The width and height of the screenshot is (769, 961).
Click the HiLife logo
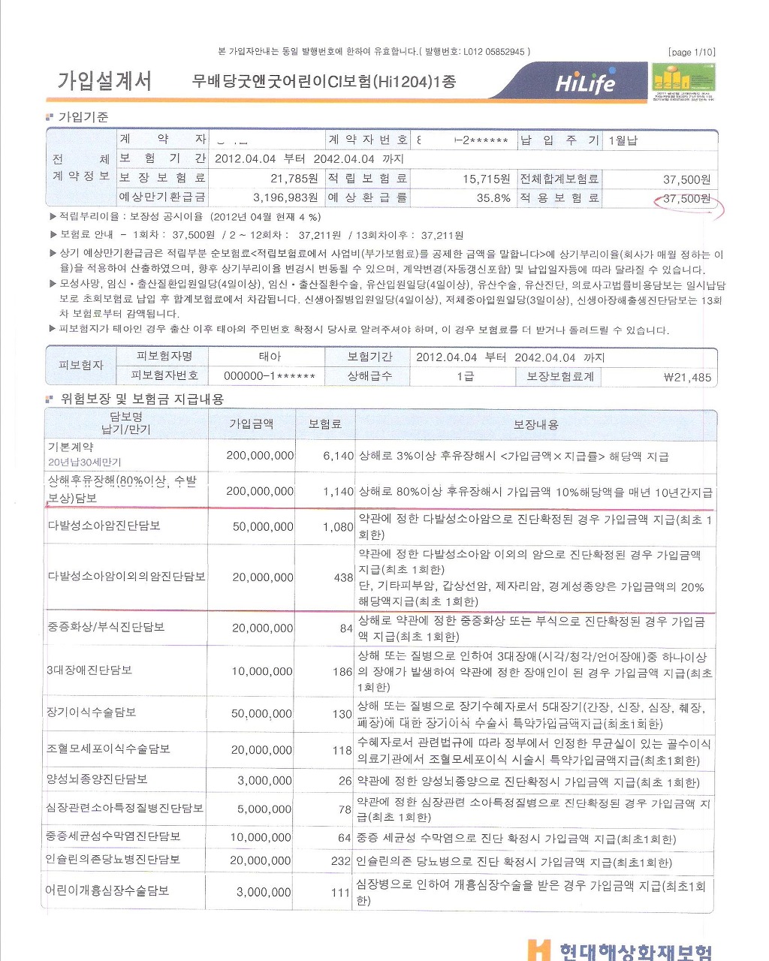click(x=585, y=83)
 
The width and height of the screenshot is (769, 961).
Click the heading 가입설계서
click(x=104, y=81)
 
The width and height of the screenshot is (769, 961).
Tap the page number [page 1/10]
click(x=691, y=52)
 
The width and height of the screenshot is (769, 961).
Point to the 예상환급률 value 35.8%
click(x=493, y=198)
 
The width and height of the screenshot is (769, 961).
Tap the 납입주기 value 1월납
click(x=623, y=140)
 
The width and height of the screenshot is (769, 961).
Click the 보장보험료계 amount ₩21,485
click(x=687, y=377)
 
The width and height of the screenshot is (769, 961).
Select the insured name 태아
click(x=270, y=357)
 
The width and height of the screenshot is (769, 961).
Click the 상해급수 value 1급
click(x=465, y=376)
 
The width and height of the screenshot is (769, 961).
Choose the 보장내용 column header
click(x=535, y=424)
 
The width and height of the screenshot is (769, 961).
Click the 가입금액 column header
click(x=251, y=424)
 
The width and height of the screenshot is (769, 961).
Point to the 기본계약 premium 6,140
click(x=338, y=456)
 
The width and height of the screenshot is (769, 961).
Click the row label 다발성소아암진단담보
click(x=104, y=526)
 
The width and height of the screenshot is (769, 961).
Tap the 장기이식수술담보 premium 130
click(x=342, y=713)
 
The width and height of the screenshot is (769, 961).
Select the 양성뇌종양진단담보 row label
click(x=97, y=779)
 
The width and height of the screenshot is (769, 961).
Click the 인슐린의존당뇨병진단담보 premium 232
click(x=341, y=861)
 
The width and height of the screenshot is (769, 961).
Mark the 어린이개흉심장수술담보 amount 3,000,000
click(x=264, y=892)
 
